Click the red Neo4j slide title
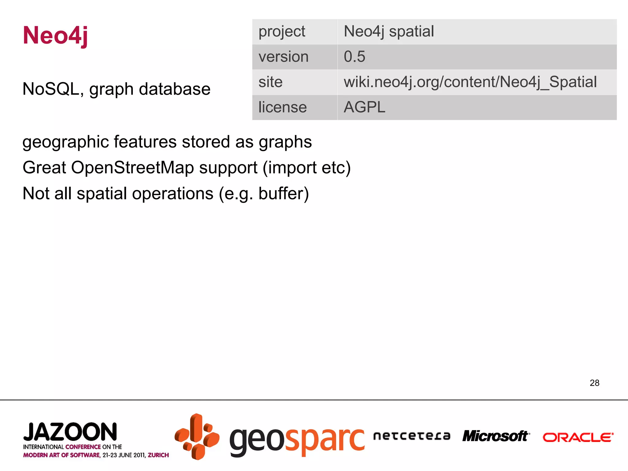(56, 35)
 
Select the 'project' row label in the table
(282, 32)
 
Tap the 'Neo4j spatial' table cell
(389, 32)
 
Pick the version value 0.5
(354, 57)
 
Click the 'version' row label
(283, 57)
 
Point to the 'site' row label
(270, 82)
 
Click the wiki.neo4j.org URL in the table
(470, 82)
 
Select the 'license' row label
(282, 107)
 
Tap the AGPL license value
(364, 107)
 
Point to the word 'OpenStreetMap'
(133, 168)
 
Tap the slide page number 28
(594, 383)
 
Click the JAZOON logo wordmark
(70, 432)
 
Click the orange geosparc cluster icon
(197, 437)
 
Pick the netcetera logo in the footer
(412, 436)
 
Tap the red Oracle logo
(578, 437)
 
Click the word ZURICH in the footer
(158, 455)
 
